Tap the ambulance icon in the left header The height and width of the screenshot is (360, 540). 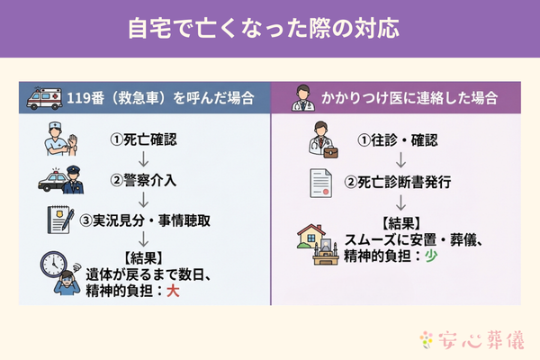[45, 97]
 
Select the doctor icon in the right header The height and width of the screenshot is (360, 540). [306, 97]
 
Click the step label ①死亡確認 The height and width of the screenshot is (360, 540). [142, 140]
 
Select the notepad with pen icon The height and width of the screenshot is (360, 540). [59, 219]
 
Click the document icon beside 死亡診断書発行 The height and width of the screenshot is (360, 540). [321, 182]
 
